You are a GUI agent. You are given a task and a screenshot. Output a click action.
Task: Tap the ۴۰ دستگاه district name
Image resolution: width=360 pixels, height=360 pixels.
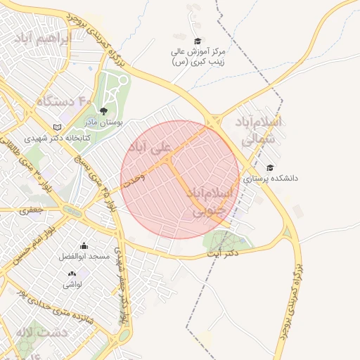point(65,101)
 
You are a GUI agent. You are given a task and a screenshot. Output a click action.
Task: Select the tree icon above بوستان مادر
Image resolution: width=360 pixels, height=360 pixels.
point(103,110)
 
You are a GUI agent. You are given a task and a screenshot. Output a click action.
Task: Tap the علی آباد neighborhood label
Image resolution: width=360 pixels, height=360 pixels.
point(149,148)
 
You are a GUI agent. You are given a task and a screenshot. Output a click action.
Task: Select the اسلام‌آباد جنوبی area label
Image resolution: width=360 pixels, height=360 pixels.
point(214,200)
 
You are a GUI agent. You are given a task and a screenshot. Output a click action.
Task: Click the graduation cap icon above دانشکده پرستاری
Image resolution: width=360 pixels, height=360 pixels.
point(270,167)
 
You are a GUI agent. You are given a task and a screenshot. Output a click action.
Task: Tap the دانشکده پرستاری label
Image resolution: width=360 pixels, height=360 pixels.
point(271,179)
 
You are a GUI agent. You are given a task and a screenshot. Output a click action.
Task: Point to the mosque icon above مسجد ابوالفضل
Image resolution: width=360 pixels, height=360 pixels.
point(84,245)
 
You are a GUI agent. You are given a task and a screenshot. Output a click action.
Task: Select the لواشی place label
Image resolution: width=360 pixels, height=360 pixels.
point(72,285)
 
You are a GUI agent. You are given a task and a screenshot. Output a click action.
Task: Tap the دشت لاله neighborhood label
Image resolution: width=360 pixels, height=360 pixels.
point(44,331)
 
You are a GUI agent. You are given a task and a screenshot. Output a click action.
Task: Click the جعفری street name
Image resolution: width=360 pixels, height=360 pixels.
point(31,209)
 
